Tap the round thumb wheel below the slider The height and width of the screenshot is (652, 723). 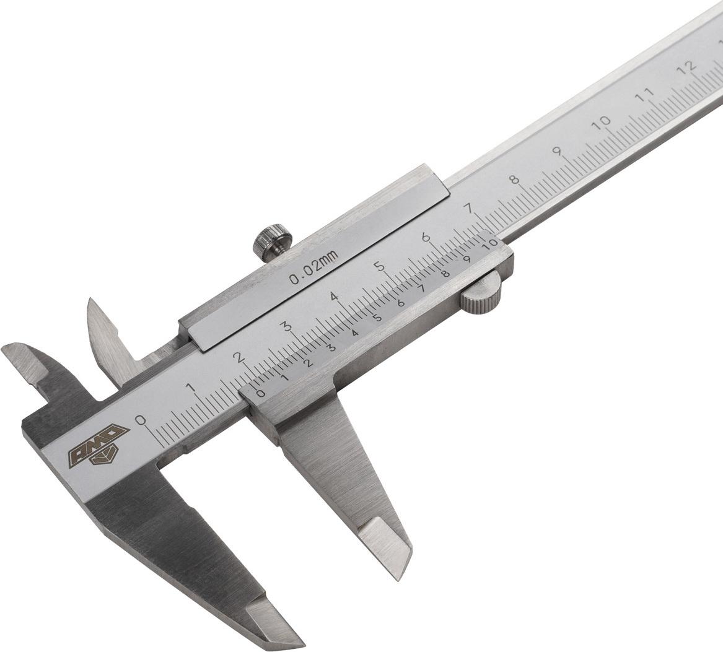point(481,294)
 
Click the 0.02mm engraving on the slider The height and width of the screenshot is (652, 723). point(313,267)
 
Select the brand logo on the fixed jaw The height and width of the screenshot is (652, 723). point(100,445)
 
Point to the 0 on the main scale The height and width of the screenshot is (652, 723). point(140,420)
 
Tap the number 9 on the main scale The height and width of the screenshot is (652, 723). point(558,151)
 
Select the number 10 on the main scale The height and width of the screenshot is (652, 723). point(602,122)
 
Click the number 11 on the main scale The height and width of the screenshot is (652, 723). point(644,93)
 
